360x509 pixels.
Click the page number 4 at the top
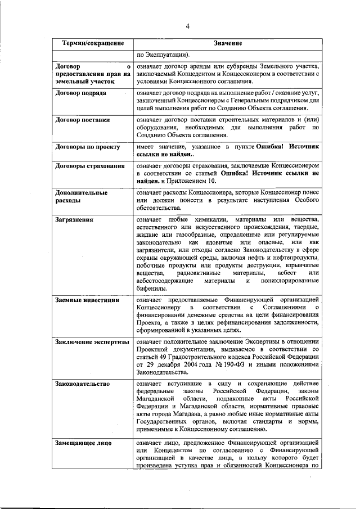[x=188, y=25]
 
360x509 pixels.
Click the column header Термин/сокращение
[x=93, y=44]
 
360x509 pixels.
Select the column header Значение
[x=228, y=44]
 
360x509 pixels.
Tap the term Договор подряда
[x=81, y=93]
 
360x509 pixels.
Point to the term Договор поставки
[x=82, y=120]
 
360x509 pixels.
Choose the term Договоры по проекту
[x=87, y=147]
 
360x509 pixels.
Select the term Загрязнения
[x=74, y=219]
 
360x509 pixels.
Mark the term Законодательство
[x=82, y=384]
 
